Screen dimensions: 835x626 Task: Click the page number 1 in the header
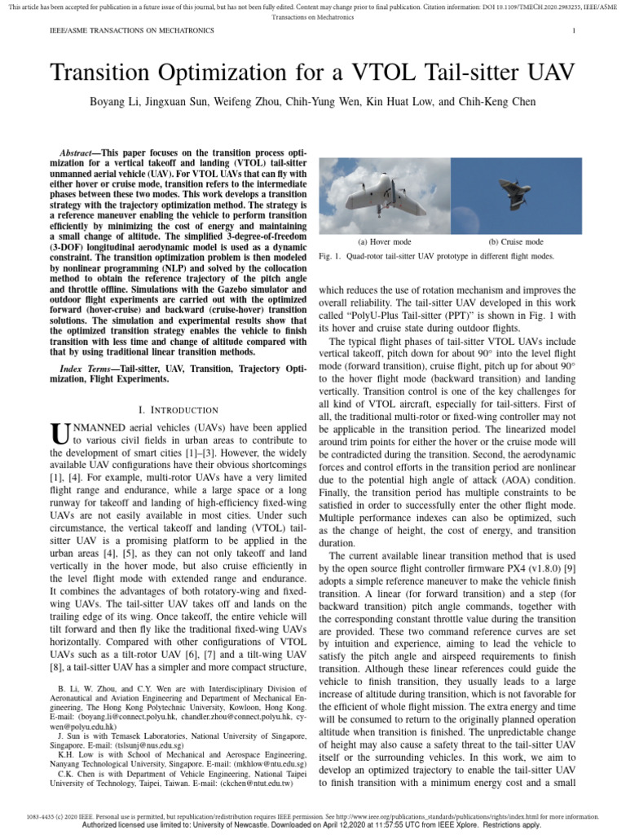[575, 31]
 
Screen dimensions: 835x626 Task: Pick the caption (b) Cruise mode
[515, 242]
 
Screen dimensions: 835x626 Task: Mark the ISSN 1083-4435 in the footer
[42, 815]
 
